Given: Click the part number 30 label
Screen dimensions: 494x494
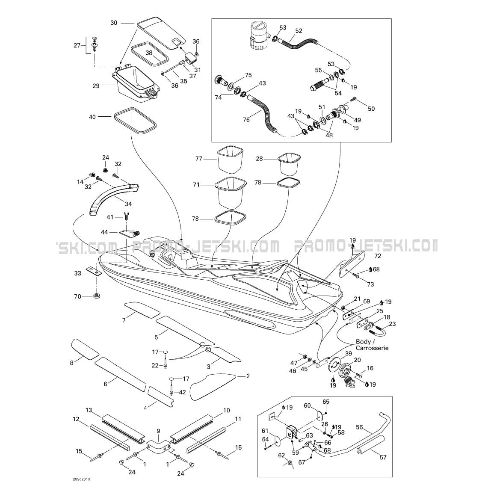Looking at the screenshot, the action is tap(114, 23).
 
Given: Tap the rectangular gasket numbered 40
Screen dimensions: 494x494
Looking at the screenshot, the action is tap(135, 121).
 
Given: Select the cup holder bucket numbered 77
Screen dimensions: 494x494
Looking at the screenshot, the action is tap(230, 159).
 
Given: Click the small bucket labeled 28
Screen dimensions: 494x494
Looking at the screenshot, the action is tap(289, 164).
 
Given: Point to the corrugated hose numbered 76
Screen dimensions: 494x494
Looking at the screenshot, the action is tap(263, 113).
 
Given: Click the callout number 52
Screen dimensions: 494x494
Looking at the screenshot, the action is tap(299, 31).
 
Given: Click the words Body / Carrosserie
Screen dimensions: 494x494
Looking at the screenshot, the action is tap(372, 345).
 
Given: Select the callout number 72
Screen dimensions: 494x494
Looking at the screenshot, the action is tap(377, 255).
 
